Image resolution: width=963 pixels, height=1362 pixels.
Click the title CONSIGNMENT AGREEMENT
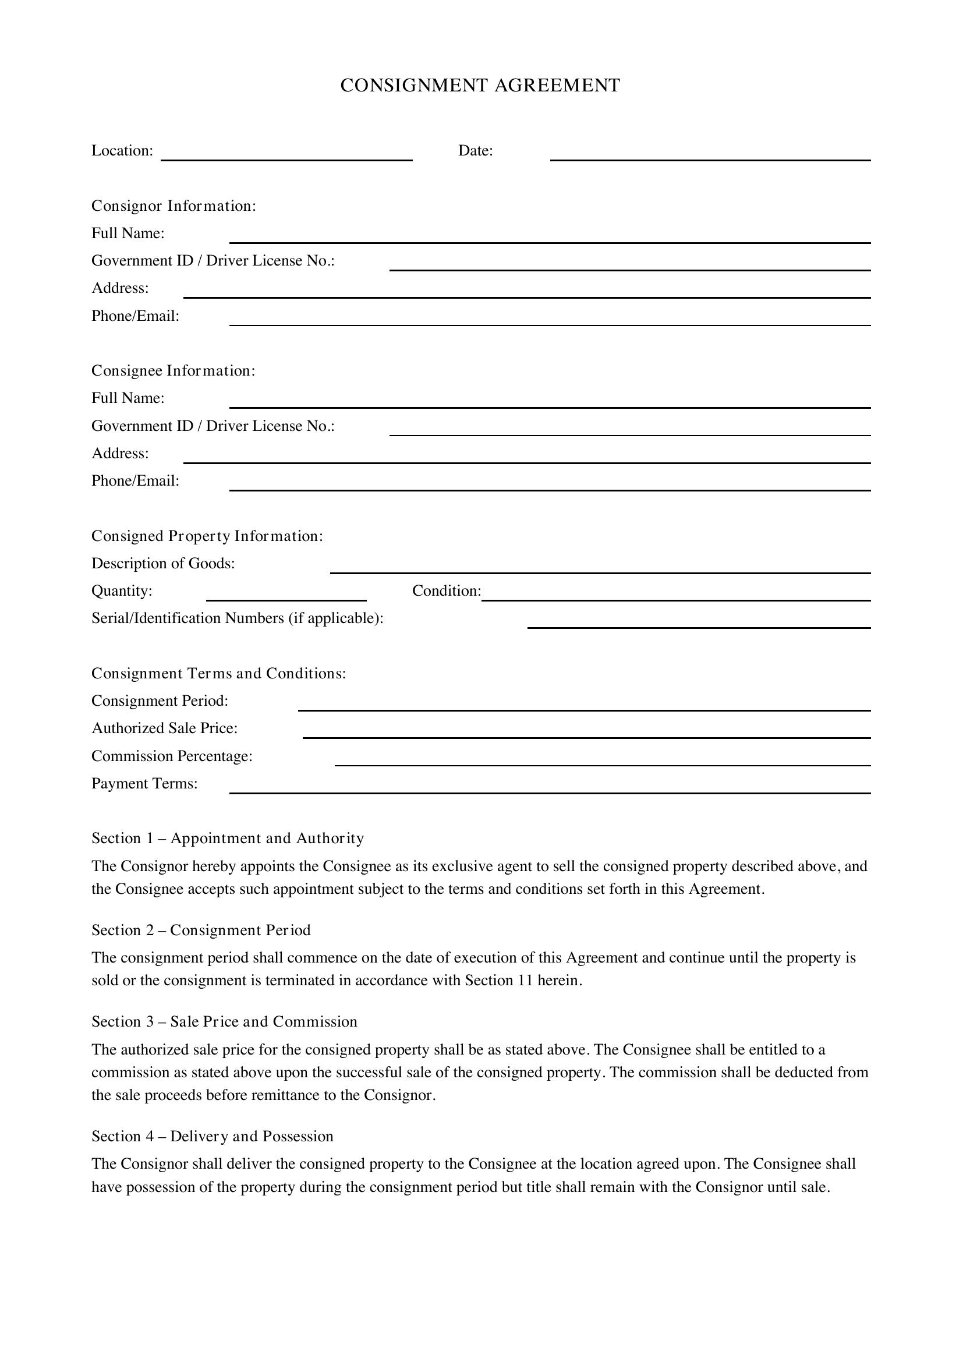point(480,86)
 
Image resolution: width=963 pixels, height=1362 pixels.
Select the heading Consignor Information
point(173,206)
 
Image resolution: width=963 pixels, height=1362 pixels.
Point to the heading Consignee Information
point(173,371)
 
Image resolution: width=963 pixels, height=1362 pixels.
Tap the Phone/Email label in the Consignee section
point(135,480)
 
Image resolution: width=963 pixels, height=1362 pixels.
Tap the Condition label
point(446,591)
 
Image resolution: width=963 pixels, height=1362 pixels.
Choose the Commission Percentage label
point(172,756)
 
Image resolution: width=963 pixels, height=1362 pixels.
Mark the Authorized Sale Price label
point(164,728)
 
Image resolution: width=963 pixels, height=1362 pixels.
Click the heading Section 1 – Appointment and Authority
point(228,838)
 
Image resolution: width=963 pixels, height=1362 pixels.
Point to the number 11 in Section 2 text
point(525,980)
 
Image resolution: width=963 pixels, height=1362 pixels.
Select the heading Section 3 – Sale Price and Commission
point(224,1021)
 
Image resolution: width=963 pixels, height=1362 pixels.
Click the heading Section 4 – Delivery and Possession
point(213,1136)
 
